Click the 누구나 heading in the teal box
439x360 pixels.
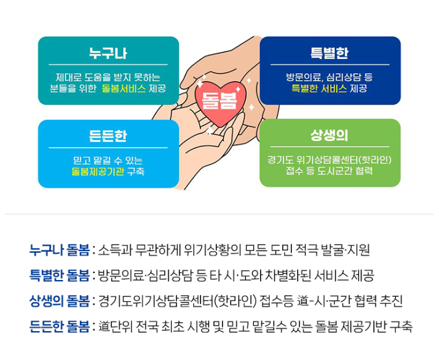click(x=108, y=54)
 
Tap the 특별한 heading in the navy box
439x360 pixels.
click(x=330, y=54)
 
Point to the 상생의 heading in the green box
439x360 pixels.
click(x=330, y=137)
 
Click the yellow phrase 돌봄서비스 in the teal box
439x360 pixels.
click(x=124, y=89)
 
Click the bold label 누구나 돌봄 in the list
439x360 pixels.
click(x=59, y=250)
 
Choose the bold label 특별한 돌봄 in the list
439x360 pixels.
click(x=59, y=276)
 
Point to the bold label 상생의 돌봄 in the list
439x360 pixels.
click(x=59, y=301)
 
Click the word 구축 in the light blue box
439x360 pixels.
click(x=136, y=172)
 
